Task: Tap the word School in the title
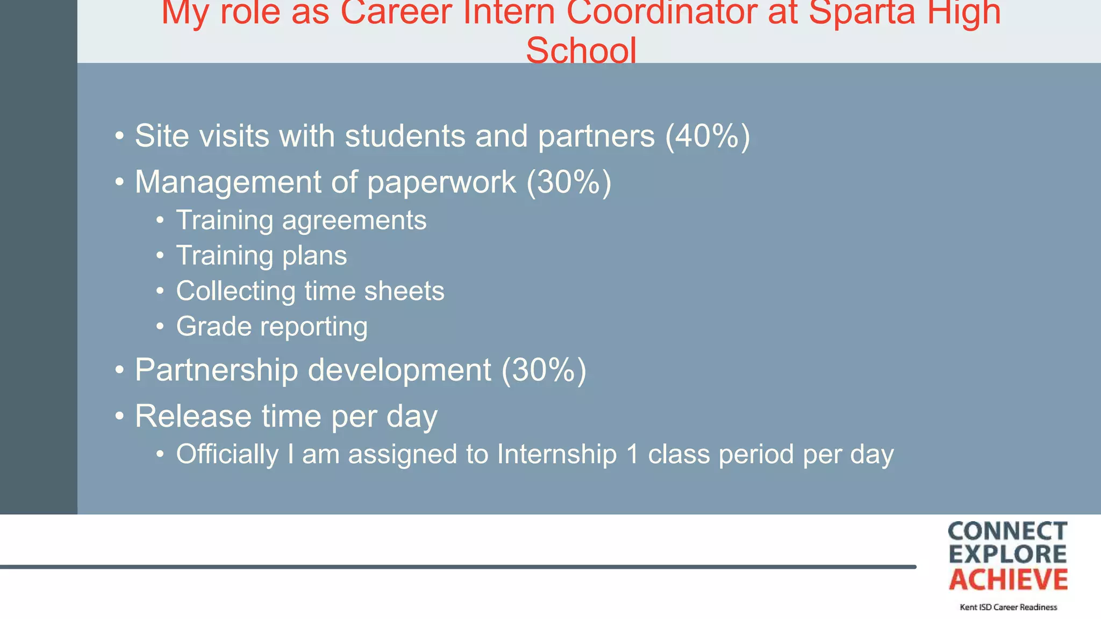click(581, 51)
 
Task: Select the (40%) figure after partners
click(707, 136)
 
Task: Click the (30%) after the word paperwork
click(569, 182)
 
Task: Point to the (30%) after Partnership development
click(544, 370)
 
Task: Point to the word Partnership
click(216, 370)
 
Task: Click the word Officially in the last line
click(227, 455)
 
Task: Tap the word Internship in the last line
click(556, 455)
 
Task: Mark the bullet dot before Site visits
click(119, 135)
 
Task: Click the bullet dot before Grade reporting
click(160, 327)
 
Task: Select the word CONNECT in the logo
click(1007, 531)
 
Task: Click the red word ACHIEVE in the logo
click(1008, 580)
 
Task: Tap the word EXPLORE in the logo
click(1007, 555)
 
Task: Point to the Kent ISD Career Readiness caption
click(1008, 607)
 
